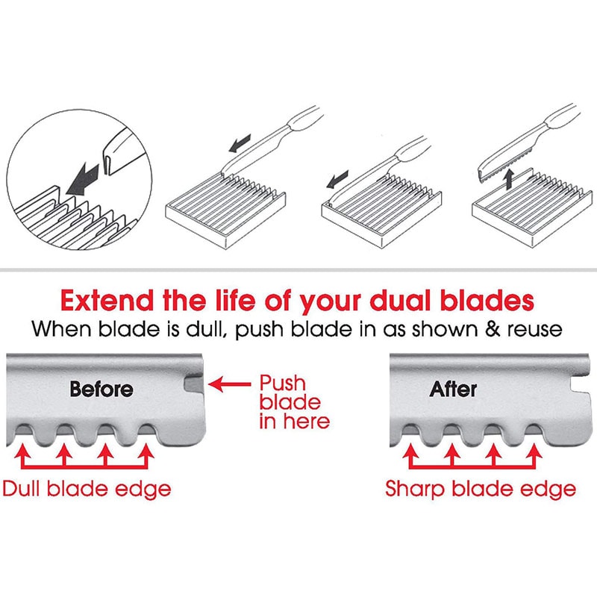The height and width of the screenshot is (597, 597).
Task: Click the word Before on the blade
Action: click(101, 389)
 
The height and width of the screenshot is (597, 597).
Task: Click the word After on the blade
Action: click(453, 389)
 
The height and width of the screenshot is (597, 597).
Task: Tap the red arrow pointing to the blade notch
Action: click(230, 384)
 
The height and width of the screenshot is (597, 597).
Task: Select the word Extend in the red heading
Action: click(107, 301)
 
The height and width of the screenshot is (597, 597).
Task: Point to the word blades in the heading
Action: click(487, 301)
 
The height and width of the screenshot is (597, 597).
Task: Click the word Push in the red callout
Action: click(283, 383)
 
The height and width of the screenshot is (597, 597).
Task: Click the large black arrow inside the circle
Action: click(83, 178)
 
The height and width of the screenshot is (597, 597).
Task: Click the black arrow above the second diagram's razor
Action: click(240, 143)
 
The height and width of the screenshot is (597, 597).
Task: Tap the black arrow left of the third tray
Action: click(337, 179)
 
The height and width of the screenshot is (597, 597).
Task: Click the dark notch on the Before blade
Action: click(193, 384)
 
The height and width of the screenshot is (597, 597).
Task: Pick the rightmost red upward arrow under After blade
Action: click(535, 456)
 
